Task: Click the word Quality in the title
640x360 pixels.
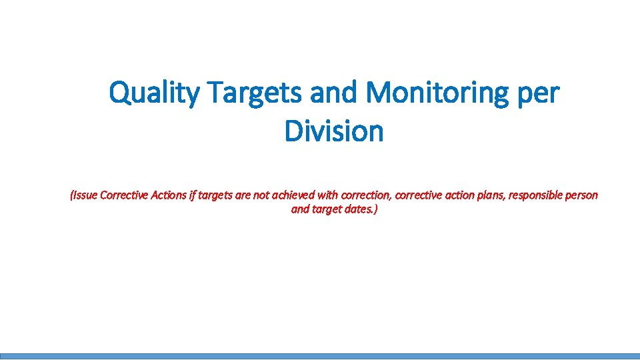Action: [153, 94]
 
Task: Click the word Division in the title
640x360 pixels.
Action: [334, 131]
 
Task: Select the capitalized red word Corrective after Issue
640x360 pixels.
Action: [124, 195]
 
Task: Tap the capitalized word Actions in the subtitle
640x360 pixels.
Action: [169, 195]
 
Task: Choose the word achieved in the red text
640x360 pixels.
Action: [293, 195]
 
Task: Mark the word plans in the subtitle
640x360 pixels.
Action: [485, 195]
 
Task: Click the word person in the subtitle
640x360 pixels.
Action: [581, 195]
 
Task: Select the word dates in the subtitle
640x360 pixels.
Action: [361, 209]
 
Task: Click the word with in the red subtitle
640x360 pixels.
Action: [328, 195]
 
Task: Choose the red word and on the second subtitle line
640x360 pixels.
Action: [300, 209]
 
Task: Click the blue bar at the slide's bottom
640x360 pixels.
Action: [320, 356]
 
